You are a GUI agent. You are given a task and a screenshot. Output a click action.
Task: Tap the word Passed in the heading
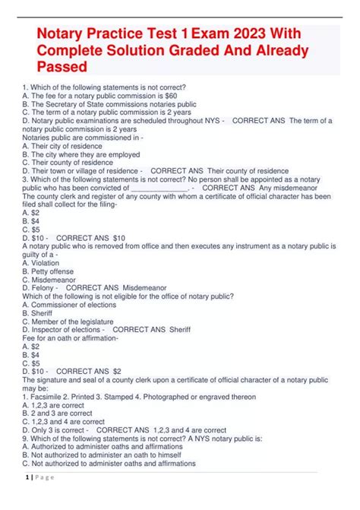coord(62,68)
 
